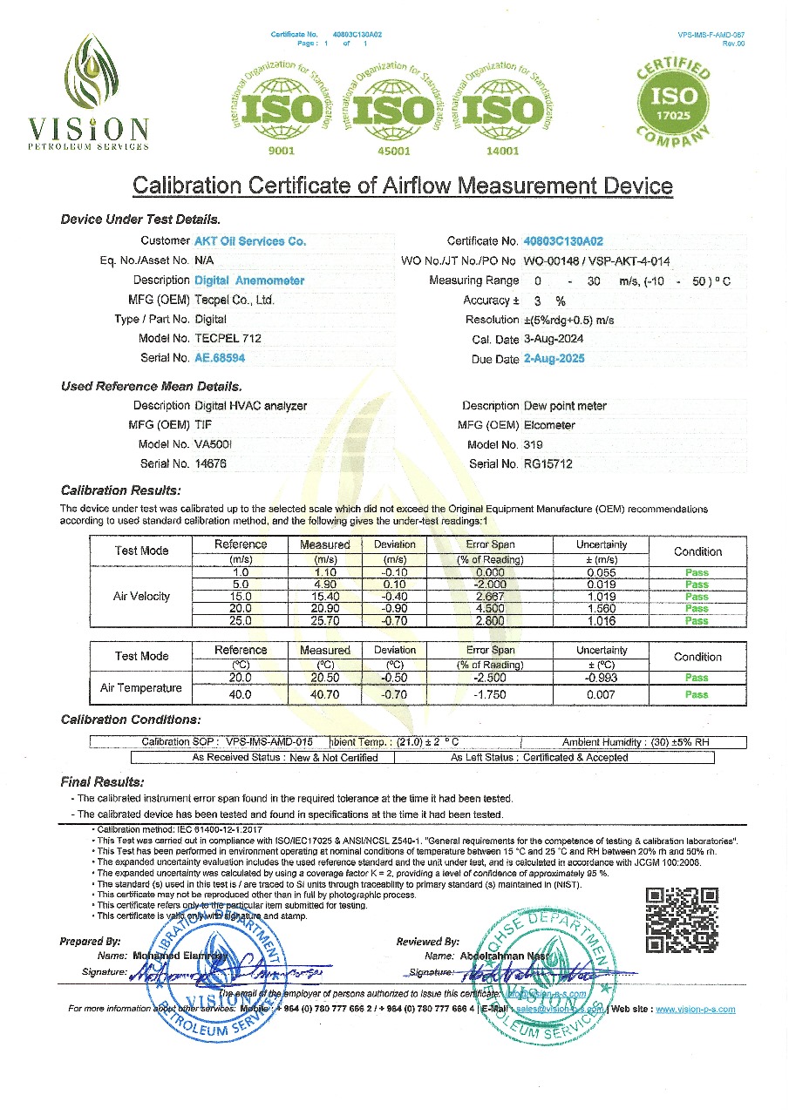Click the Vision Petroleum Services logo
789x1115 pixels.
tap(90, 92)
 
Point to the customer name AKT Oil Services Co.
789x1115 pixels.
tap(249, 241)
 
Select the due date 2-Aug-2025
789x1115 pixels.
tap(554, 359)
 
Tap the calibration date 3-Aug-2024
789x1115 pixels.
tap(554, 340)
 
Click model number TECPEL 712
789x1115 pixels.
tap(228, 338)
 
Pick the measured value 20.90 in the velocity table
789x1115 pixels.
tap(324, 609)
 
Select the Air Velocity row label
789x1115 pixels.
tap(141, 597)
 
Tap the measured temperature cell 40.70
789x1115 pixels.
tap(324, 695)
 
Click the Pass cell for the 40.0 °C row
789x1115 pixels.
tap(697, 695)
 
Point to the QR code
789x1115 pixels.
tap(682, 920)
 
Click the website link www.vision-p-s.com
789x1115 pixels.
tap(695, 1010)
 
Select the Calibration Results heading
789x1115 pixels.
tap(121, 490)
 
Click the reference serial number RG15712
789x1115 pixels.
tap(548, 464)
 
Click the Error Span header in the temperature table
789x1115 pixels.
tap(490, 650)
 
